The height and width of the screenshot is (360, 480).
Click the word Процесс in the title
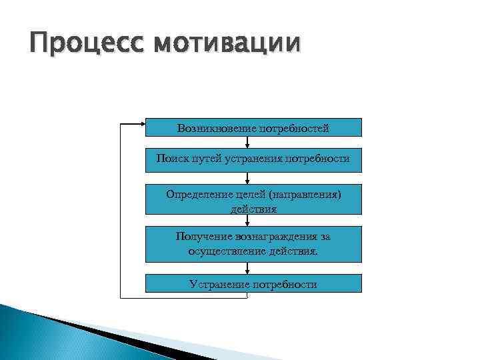tap(82, 45)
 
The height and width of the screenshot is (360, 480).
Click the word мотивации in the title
tap(227, 45)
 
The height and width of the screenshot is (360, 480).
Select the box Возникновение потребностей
tap(253, 127)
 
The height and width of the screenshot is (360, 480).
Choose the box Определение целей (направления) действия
tap(253, 199)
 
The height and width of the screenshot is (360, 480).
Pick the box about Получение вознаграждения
tap(253, 244)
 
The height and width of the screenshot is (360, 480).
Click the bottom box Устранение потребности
tap(253, 283)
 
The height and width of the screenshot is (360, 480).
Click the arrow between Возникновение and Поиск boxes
tap(247, 142)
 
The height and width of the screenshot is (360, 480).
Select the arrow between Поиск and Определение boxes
tap(247, 178)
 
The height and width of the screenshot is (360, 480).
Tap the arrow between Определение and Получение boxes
tap(247, 221)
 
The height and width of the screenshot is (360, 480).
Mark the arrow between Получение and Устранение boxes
tap(247, 268)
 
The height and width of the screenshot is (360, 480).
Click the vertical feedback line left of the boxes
tap(121, 210)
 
